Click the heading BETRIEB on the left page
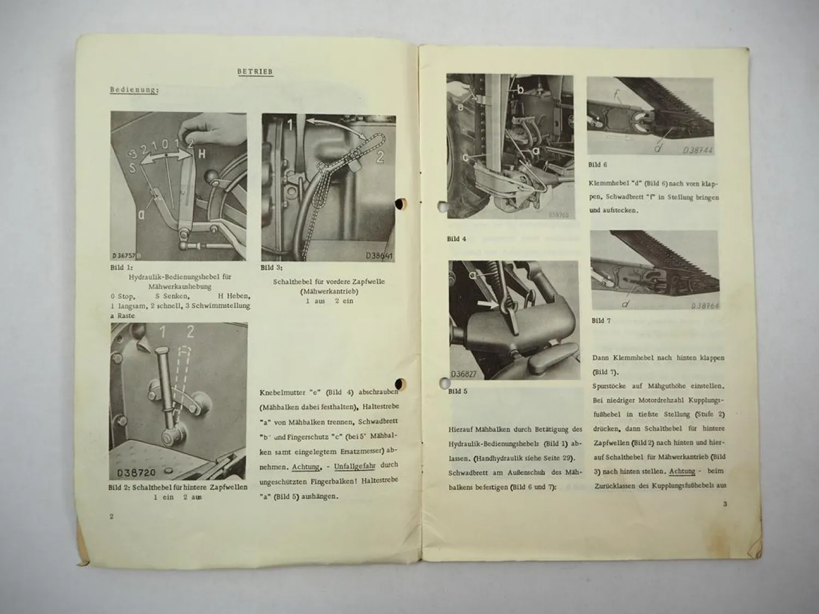255,71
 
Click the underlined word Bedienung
134,90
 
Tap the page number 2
112,516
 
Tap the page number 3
725,504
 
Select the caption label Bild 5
458,391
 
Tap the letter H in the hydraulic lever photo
201,154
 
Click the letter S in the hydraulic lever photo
132,168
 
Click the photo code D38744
698,150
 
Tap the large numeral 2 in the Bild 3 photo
379,157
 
